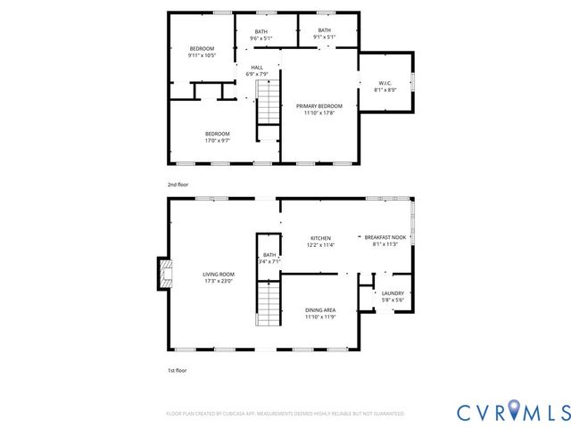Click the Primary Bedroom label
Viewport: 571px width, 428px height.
click(319, 106)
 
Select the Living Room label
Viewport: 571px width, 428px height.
click(217, 275)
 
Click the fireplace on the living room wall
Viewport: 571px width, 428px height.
click(164, 275)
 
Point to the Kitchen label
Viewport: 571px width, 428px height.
click(320, 238)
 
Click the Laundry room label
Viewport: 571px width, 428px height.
click(393, 293)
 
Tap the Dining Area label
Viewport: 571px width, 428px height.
click(319, 309)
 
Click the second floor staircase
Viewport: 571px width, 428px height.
click(268, 104)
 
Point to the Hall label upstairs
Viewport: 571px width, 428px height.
click(257, 68)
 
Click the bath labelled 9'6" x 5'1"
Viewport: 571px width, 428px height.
click(261, 31)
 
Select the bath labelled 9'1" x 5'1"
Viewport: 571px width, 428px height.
click(325, 31)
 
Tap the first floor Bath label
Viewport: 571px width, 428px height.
click(269, 255)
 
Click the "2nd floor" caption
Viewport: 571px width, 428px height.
click(178, 184)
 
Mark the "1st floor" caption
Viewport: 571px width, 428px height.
click(178, 369)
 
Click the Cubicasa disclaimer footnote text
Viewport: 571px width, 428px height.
click(285, 414)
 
